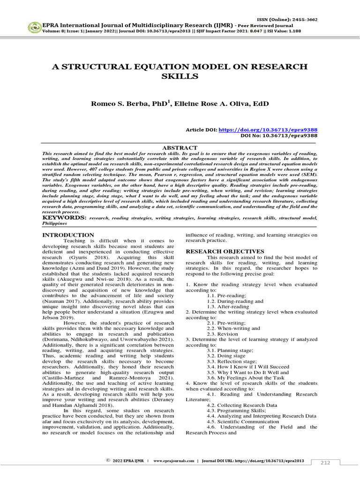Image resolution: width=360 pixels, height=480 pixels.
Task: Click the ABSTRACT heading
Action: (180, 147)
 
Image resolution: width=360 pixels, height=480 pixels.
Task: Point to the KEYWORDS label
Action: (64, 218)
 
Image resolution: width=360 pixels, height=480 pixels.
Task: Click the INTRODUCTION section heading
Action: (68, 235)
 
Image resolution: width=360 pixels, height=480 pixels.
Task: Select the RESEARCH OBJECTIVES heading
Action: (225, 252)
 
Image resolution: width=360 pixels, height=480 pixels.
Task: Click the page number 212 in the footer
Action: (325, 463)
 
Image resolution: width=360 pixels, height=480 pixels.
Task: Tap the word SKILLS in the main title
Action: (180, 76)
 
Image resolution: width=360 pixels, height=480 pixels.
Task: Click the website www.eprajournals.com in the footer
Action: (173, 461)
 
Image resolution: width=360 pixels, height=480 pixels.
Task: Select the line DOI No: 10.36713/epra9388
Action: (278, 135)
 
